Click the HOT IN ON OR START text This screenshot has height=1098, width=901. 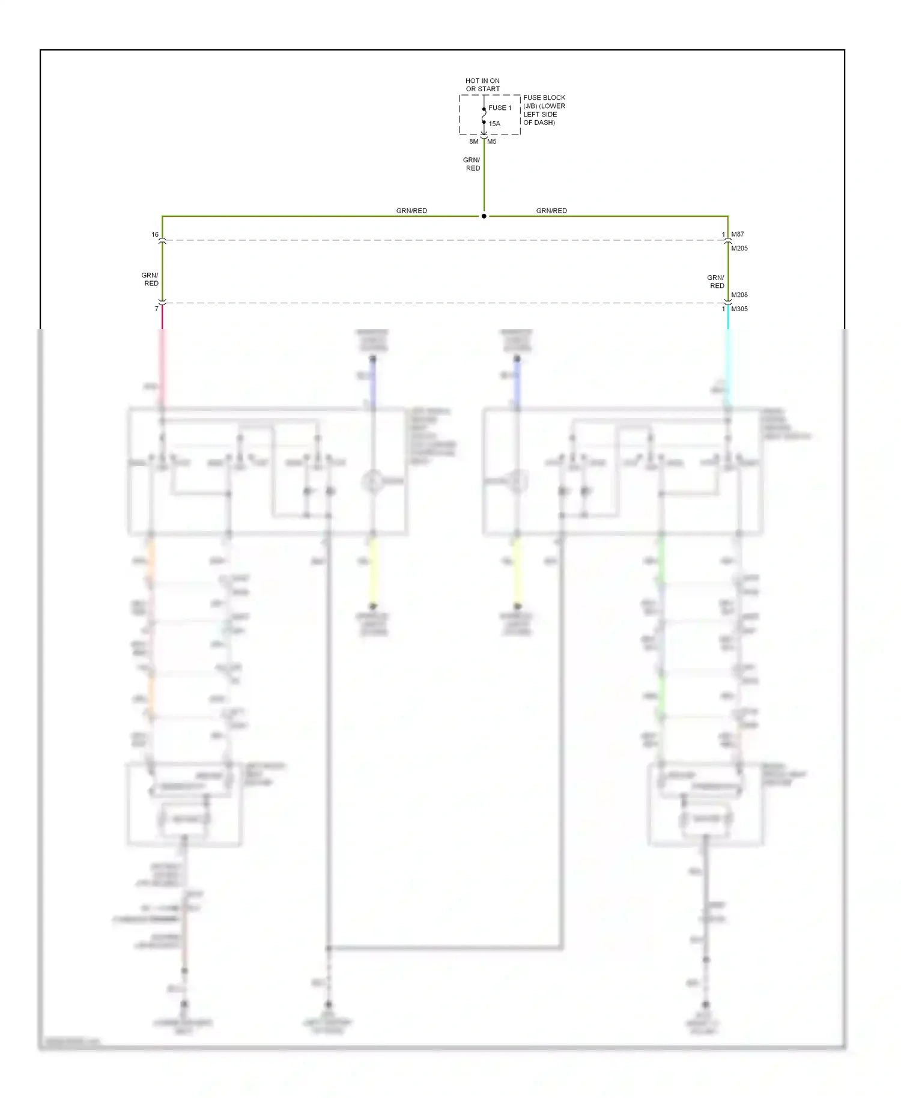coord(482,85)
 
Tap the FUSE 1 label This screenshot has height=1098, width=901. coord(500,108)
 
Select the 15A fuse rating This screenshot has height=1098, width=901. coord(494,124)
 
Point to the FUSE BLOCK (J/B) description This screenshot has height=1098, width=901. coord(544,110)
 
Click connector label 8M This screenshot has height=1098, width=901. coord(474,142)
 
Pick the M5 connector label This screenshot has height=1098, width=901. coord(492,142)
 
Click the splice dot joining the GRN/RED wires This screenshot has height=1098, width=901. coord(484,216)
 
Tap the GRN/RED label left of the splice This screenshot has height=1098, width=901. coord(411,211)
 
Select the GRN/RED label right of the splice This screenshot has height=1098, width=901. coord(551,211)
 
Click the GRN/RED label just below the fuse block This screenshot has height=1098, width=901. coord(472,164)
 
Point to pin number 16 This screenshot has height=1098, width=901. coord(155,235)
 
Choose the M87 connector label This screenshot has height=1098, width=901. coord(738,234)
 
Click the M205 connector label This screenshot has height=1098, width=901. coord(739,248)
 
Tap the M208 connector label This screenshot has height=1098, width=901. coord(739,295)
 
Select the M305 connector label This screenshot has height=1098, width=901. coord(739,309)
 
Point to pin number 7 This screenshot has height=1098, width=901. coord(157,309)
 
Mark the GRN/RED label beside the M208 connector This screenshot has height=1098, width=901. coord(716,282)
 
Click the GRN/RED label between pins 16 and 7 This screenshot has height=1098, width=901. coord(150,279)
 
